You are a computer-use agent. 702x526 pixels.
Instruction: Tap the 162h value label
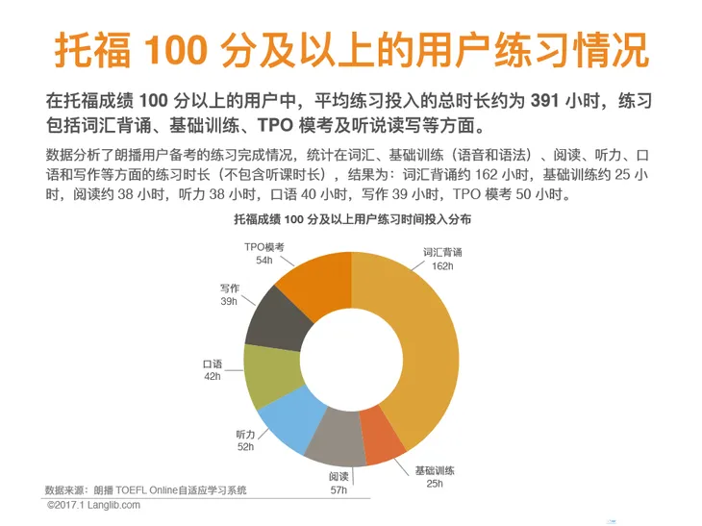pos(443,265)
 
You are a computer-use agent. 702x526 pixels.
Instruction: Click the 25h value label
pos(435,484)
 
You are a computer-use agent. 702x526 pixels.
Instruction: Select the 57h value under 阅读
pos(338,489)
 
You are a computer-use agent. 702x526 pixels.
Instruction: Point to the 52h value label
pos(246,446)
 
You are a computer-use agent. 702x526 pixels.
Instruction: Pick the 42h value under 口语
pos(213,377)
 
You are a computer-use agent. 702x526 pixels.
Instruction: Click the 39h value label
pos(229,301)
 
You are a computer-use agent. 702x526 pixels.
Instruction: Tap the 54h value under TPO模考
pos(263,260)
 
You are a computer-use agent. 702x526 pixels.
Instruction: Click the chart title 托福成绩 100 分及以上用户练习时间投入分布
pos(352,220)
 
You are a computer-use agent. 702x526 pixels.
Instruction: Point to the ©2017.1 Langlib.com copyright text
pos(93,505)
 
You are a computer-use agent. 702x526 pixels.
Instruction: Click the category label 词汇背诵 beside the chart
pos(443,252)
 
